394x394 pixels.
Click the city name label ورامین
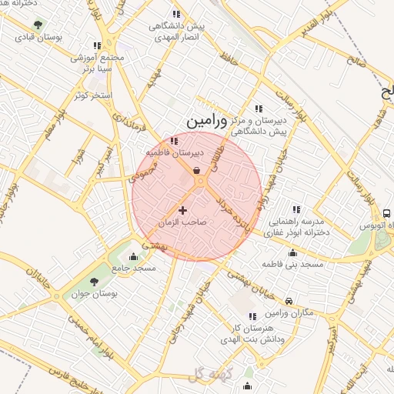pyautogui.click(x=207, y=121)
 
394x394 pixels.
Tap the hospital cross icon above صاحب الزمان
pyautogui.click(x=182, y=210)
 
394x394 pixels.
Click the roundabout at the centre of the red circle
pyautogui.click(x=199, y=182)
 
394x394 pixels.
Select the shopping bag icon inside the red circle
pyautogui.click(x=197, y=170)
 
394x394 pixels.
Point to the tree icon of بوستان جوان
pyautogui.click(x=95, y=283)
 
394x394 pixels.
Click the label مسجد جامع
pyautogui.click(x=134, y=269)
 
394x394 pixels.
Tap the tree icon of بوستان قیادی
pyautogui.click(x=39, y=27)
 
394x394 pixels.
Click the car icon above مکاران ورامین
pyautogui.click(x=288, y=301)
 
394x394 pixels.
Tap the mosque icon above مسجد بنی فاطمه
pyautogui.click(x=292, y=253)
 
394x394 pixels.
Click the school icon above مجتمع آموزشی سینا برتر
pyautogui.click(x=97, y=45)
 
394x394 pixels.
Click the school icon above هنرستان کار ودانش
pyautogui.click(x=252, y=317)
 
